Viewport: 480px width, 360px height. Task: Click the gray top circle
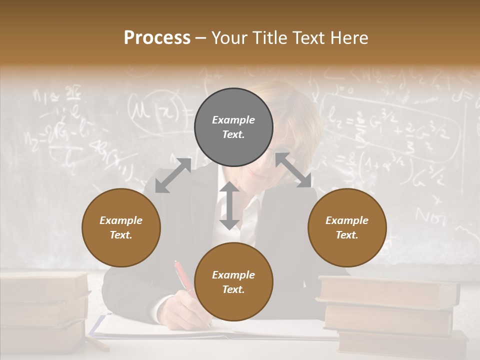click(233, 127)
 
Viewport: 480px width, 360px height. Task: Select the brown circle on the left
click(121, 227)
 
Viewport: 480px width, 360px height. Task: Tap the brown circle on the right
click(347, 227)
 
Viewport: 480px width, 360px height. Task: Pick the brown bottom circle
click(233, 282)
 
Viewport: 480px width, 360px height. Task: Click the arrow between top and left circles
click(173, 175)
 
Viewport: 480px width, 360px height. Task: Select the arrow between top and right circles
click(293, 170)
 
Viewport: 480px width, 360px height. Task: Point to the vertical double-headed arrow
click(229, 205)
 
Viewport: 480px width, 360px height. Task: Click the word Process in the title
click(157, 38)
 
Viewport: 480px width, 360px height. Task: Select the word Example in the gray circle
click(233, 120)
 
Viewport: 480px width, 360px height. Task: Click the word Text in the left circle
click(121, 235)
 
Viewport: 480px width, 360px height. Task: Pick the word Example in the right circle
click(347, 220)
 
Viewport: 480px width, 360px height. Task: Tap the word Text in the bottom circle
click(233, 289)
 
